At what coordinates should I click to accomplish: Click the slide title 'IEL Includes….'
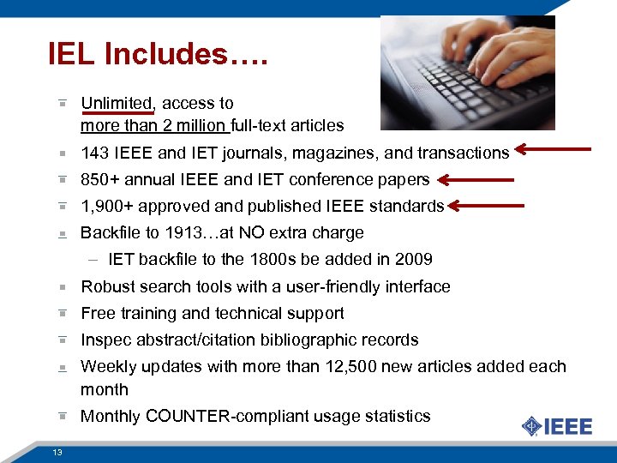pyautogui.click(x=159, y=55)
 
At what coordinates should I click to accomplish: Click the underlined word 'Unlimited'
pyautogui.click(x=116, y=103)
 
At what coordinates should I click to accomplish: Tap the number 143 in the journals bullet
pyautogui.click(x=93, y=153)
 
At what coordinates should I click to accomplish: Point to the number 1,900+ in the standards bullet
pyautogui.click(x=105, y=206)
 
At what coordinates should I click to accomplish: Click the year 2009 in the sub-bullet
pyautogui.click(x=414, y=259)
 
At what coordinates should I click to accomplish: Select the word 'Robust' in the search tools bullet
pyautogui.click(x=106, y=286)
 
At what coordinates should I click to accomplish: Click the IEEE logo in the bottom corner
pyautogui.click(x=557, y=426)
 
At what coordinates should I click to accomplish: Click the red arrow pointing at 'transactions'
pyautogui.click(x=554, y=152)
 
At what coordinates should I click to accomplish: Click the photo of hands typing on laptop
pyautogui.click(x=467, y=73)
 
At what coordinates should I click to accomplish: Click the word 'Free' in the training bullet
pyautogui.click(x=97, y=313)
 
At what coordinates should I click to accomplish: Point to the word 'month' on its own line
pyautogui.click(x=104, y=389)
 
